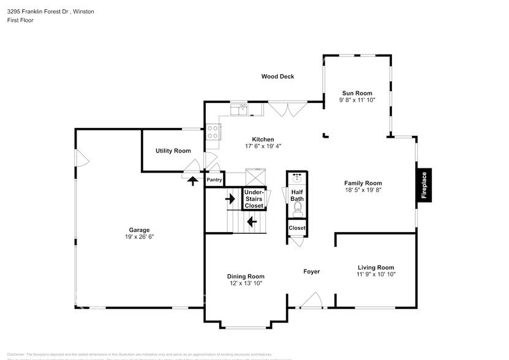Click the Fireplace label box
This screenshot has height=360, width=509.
[x=424, y=185]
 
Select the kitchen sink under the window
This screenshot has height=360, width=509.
[x=239, y=110]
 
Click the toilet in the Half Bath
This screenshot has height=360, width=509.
[x=298, y=211]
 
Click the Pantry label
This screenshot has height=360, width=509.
[x=214, y=180]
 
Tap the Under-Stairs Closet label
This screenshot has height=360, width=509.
[x=254, y=199]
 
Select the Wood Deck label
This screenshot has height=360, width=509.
[x=277, y=77]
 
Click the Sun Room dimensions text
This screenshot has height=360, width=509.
[x=356, y=100]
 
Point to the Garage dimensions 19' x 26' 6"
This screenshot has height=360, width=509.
[x=139, y=237]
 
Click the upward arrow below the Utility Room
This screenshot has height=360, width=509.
[x=192, y=181]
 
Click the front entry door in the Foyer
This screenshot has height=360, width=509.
[x=310, y=301]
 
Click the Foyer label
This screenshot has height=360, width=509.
[x=312, y=271]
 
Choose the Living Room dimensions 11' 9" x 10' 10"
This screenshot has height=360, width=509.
[x=376, y=275]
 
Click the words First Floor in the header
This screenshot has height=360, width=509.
[x=20, y=20]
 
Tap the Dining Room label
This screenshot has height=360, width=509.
[x=246, y=277]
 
